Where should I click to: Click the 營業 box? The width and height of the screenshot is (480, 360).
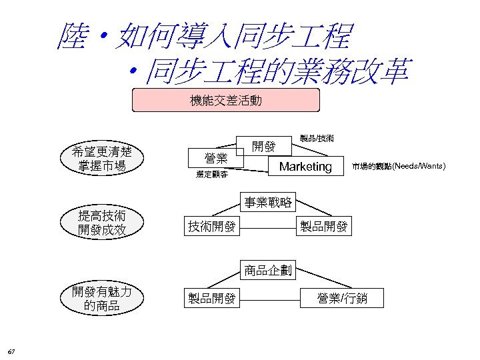point(216,159)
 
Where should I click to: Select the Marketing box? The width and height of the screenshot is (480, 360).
point(305,167)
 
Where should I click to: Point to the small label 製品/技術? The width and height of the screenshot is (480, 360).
point(317,139)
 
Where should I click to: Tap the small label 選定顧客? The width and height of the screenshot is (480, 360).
point(211,175)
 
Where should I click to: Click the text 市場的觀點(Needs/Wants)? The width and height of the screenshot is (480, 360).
point(399,166)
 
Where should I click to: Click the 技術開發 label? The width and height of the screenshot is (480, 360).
point(211,227)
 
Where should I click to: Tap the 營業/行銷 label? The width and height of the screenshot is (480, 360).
point(341,299)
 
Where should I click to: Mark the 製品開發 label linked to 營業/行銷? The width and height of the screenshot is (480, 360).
point(211,299)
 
